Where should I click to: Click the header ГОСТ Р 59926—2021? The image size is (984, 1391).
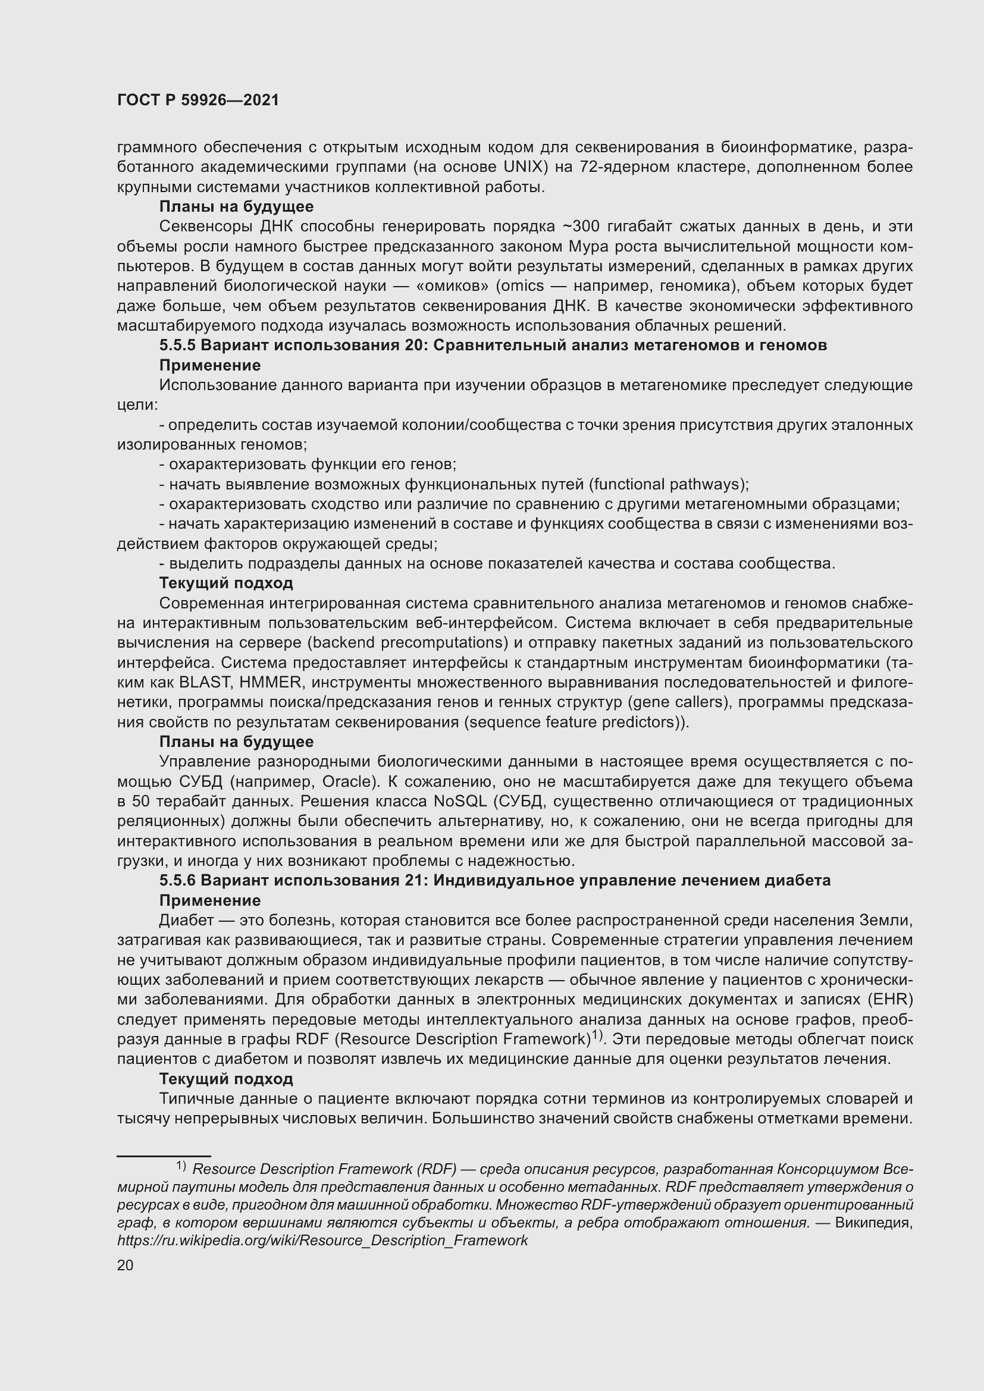coord(198,101)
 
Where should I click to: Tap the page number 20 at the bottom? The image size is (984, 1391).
coord(125,1265)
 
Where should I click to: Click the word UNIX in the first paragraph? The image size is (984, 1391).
coord(522,167)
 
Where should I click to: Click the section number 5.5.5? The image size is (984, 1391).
coord(177,346)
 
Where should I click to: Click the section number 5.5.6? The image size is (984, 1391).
coord(177,880)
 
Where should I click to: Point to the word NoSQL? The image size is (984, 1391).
coord(460,802)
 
